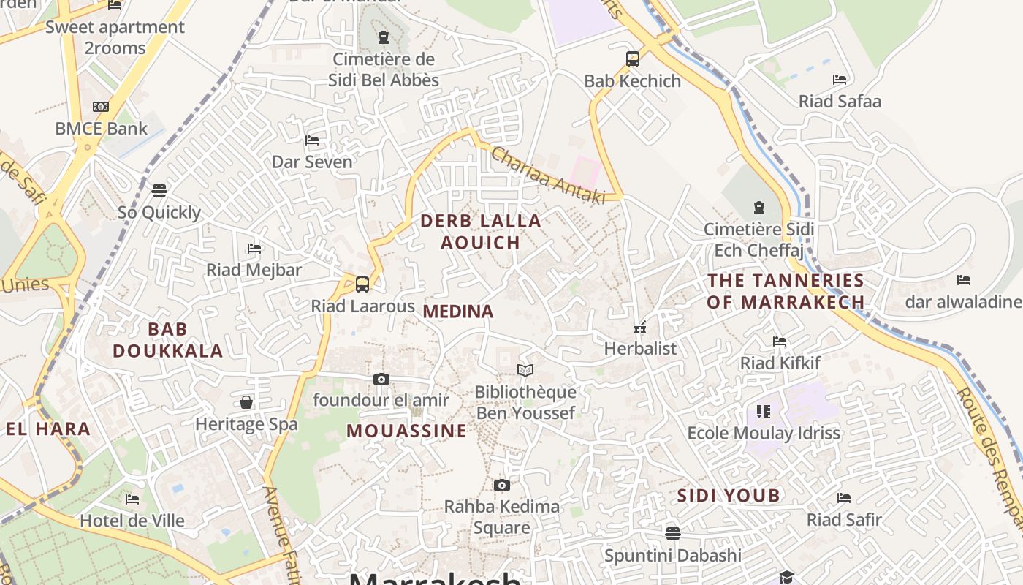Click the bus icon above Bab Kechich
[x=633, y=59]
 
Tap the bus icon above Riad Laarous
[x=362, y=284]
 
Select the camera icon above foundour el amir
[x=381, y=379]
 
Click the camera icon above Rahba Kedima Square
[x=501, y=485]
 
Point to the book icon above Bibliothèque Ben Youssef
[x=525, y=370]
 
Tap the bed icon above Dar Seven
[x=312, y=140]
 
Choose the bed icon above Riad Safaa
[x=840, y=79]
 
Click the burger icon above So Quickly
[x=159, y=191]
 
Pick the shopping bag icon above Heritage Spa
[x=246, y=402]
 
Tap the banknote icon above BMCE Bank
[x=101, y=107]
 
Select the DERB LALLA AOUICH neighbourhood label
[x=481, y=231]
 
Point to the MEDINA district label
[x=458, y=312]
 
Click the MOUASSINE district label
[x=406, y=431]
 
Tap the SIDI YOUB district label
[x=729, y=496]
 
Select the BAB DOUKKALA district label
[x=168, y=340]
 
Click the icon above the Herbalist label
[x=640, y=328]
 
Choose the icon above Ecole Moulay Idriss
[x=764, y=412]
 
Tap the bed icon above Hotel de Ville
[x=132, y=499]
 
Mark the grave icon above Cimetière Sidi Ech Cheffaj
[x=758, y=208]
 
